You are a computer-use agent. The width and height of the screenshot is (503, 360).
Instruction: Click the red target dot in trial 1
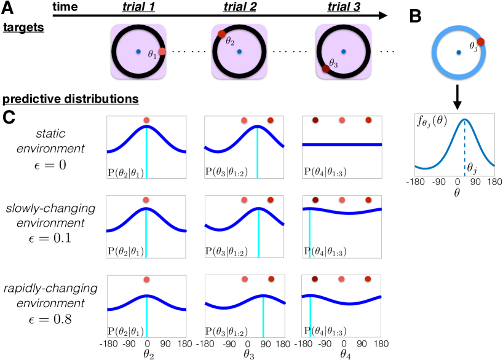pos(162,52)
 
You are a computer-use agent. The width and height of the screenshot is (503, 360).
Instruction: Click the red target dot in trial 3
pos(326,69)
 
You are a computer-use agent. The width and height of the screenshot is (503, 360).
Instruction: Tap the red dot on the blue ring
pos(481,42)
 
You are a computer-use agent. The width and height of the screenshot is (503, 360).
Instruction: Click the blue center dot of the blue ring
pos(458,52)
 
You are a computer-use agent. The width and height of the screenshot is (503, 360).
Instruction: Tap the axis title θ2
pos(146,353)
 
